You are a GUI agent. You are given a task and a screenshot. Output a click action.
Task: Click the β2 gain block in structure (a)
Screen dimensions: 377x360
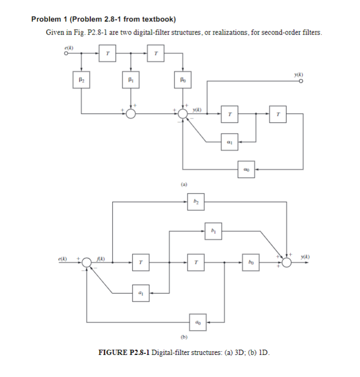coord(81,82)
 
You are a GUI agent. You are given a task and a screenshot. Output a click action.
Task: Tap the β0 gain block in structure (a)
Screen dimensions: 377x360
coord(182,82)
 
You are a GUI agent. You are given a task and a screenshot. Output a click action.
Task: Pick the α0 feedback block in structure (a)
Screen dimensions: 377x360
coord(248,169)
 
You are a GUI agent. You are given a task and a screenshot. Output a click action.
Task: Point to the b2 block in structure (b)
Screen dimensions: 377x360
coord(195,200)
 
